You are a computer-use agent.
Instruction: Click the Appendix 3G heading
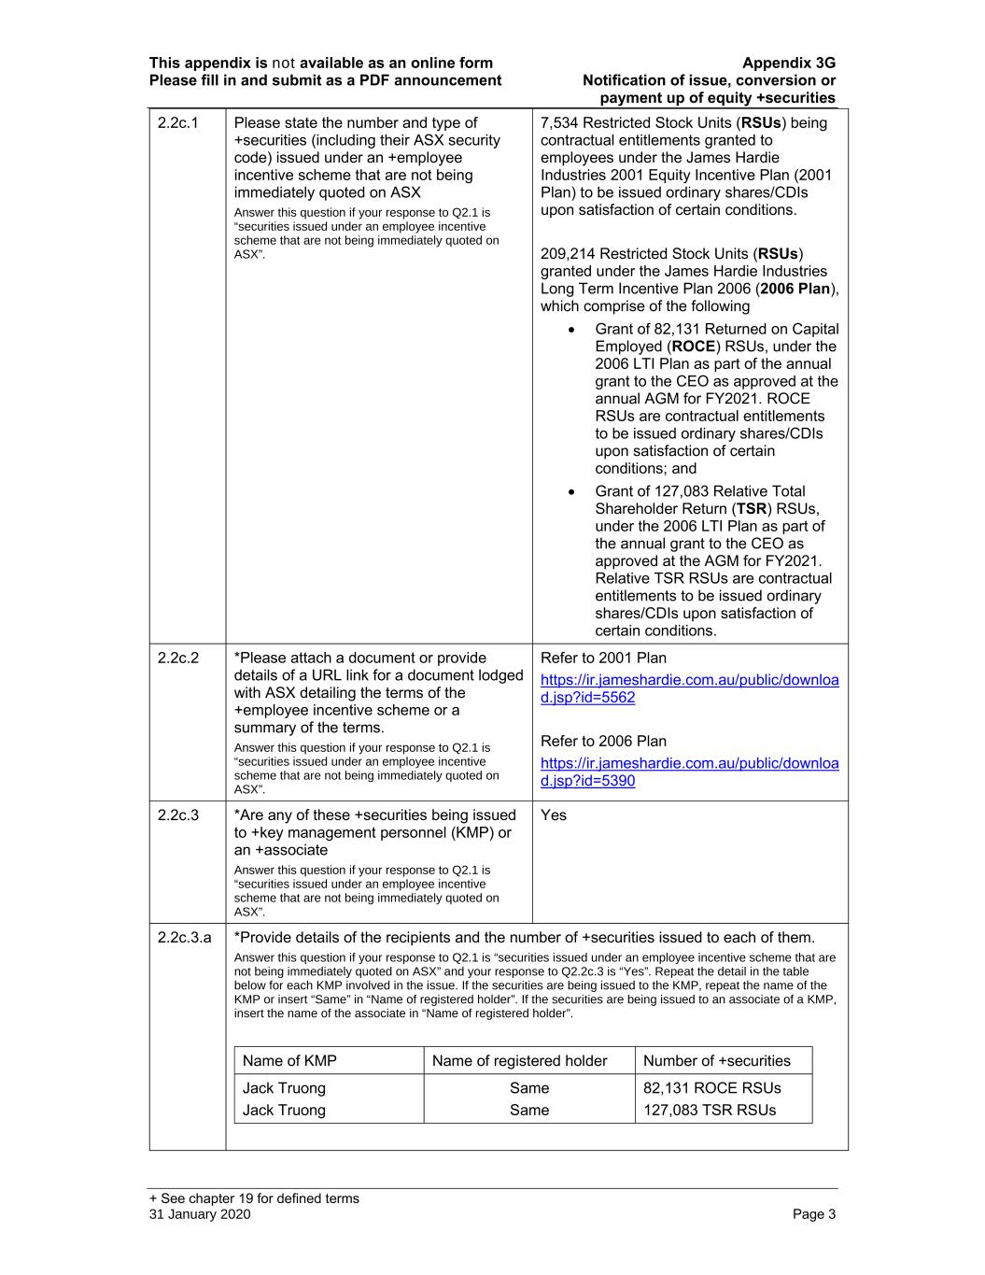tap(789, 64)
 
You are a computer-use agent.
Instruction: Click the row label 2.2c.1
tap(178, 123)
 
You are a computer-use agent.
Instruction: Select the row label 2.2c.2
tap(178, 659)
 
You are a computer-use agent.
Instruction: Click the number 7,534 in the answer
tap(560, 123)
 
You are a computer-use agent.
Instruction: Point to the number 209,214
tap(568, 254)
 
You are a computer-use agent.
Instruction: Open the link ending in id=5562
tap(689, 688)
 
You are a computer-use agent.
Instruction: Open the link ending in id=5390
tap(689, 772)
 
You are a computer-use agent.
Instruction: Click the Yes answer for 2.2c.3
tap(554, 815)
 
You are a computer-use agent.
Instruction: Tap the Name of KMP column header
tap(289, 1061)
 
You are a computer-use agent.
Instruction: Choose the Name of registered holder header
tap(520, 1061)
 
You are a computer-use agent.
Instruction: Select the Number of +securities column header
tap(716, 1061)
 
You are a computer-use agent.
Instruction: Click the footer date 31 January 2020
tap(200, 1214)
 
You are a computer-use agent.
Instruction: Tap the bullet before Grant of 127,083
tap(571, 492)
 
